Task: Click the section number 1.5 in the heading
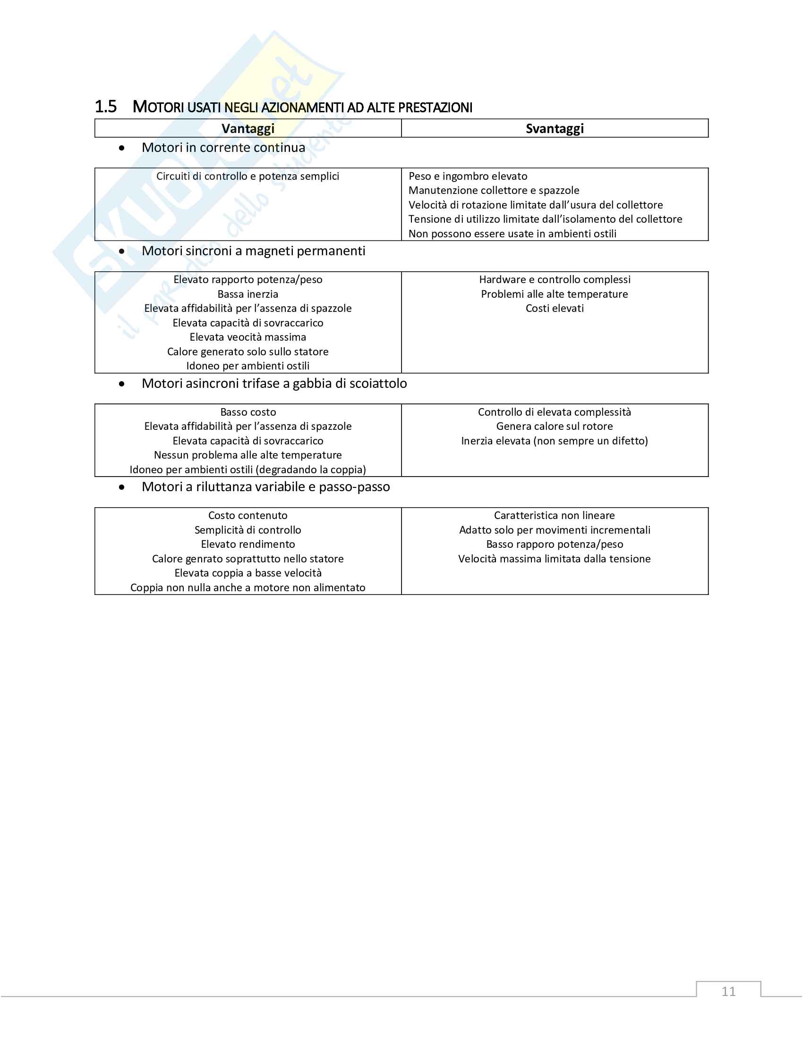106,107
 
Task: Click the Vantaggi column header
248,128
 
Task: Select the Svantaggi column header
555,128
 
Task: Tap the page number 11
728,991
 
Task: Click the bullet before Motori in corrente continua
122,148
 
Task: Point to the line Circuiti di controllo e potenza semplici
248,176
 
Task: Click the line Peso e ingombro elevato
468,176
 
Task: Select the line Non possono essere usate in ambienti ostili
513,234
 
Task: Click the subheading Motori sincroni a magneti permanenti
254,251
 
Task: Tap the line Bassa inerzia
248,294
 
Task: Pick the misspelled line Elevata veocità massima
248,337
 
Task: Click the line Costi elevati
555,309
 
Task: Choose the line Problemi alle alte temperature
555,294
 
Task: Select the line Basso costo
248,412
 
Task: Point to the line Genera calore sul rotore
555,427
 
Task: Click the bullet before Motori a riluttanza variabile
122,487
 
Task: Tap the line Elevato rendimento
248,544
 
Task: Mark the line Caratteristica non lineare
555,516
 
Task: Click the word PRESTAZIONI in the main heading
436,108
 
